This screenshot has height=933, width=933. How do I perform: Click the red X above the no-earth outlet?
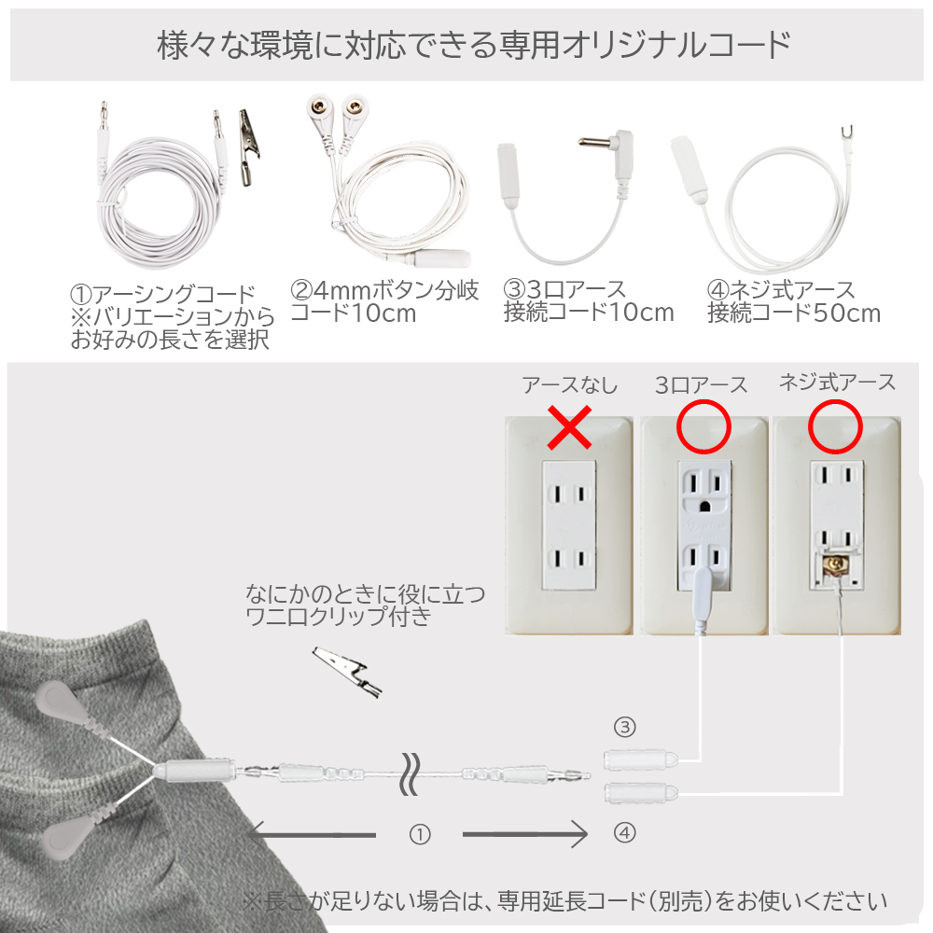569,427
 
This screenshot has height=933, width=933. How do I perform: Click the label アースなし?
569,385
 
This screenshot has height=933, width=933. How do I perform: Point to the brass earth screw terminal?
837,563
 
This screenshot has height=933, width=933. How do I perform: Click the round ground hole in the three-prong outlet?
705,507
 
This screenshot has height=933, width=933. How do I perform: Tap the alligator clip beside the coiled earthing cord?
249,147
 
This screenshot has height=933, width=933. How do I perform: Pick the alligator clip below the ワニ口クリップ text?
347,671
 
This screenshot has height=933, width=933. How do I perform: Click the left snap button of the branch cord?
320,108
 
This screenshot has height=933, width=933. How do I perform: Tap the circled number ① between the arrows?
420,835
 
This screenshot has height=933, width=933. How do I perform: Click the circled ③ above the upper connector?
624,727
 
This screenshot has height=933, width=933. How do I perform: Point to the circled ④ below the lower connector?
624,832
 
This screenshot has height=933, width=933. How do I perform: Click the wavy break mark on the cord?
410,773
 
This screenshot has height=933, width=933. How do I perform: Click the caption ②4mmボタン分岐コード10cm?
384,301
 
